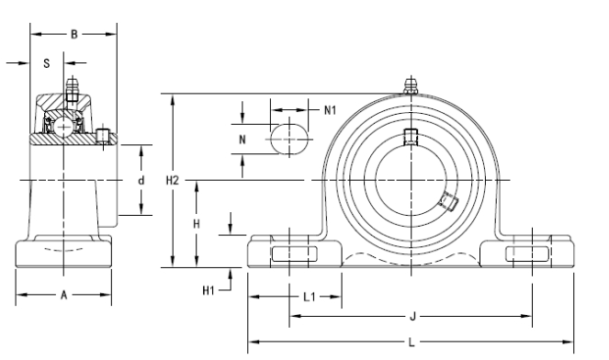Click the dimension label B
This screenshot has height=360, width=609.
[74, 35]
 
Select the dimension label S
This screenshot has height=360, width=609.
[47, 63]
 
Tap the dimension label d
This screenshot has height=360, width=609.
[141, 180]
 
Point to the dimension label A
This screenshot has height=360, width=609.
[64, 295]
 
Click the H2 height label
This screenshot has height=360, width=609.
[173, 180]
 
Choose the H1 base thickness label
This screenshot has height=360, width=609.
[209, 290]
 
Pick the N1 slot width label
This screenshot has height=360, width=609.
[330, 110]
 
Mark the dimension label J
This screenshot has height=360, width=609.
[412, 317]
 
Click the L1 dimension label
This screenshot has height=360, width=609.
[310, 297]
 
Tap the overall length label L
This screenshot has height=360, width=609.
[412, 343]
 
